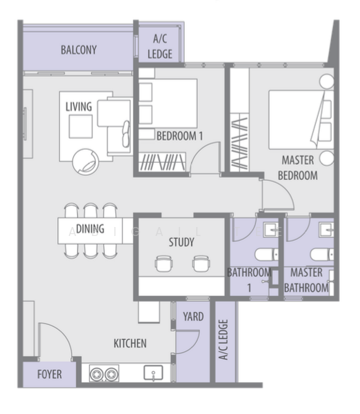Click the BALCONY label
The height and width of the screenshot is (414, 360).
click(x=79, y=50)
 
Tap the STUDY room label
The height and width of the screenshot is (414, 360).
click(x=181, y=242)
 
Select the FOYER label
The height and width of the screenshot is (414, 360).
click(x=50, y=375)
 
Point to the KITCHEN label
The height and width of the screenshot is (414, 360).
click(x=130, y=344)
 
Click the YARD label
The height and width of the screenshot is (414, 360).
click(x=193, y=317)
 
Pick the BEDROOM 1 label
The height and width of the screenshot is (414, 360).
click(x=180, y=136)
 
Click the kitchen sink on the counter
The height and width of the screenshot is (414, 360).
click(x=153, y=373)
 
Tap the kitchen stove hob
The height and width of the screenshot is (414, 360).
click(x=104, y=373)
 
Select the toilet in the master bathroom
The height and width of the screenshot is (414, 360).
click(x=321, y=255)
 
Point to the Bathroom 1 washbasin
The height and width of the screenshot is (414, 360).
click(x=271, y=230)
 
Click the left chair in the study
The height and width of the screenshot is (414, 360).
click(x=164, y=264)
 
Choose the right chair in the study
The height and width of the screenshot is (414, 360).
click(x=201, y=264)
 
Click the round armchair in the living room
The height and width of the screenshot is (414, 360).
click(x=86, y=162)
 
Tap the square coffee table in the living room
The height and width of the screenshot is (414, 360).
click(x=81, y=126)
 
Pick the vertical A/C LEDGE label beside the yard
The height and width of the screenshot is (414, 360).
click(x=223, y=339)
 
